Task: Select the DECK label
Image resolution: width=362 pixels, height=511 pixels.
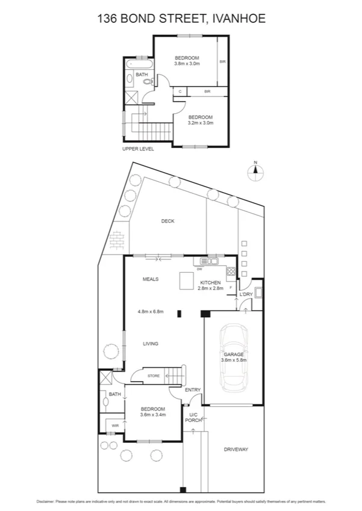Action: [x=167, y=221]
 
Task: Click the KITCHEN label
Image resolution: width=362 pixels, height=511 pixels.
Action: [x=211, y=282]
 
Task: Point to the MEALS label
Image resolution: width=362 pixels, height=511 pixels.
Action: [x=150, y=279]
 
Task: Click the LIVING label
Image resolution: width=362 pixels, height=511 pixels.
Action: [x=151, y=344]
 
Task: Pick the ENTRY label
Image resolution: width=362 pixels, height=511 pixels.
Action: [x=193, y=390]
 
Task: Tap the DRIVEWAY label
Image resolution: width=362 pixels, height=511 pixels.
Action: [x=236, y=450]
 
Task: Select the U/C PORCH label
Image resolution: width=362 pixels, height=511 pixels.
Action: [x=194, y=418]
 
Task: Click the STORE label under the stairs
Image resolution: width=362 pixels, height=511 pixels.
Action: [x=154, y=376]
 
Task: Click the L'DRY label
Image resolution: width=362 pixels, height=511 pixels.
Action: [x=246, y=294]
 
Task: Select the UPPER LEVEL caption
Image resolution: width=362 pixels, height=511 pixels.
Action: [x=138, y=149]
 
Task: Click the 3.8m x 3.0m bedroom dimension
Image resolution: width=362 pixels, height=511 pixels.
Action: [x=187, y=63]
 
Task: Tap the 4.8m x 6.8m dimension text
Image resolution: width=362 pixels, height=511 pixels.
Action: [x=150, y=311]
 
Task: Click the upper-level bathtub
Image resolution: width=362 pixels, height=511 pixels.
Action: [x=139, y=63]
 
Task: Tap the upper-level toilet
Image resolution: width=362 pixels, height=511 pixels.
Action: [x=149, y=81]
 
